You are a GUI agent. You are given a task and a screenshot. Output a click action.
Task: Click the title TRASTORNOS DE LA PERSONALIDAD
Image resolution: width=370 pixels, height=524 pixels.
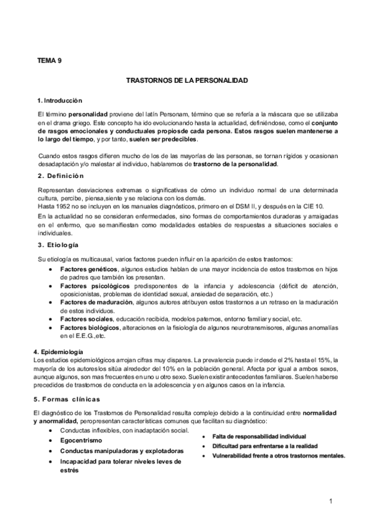(187, 80)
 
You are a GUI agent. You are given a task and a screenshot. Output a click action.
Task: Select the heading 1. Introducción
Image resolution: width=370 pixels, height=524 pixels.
(60, 100)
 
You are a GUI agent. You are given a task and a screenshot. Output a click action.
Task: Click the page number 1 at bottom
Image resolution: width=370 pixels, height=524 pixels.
(332, 500)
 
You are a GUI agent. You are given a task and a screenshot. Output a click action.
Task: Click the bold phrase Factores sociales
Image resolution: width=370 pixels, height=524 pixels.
(86, 319)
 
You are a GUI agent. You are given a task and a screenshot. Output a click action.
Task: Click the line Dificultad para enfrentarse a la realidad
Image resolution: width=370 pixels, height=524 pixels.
(264, 446)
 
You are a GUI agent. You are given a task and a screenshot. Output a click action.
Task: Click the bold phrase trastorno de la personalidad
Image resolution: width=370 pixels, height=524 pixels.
(235, 164)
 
